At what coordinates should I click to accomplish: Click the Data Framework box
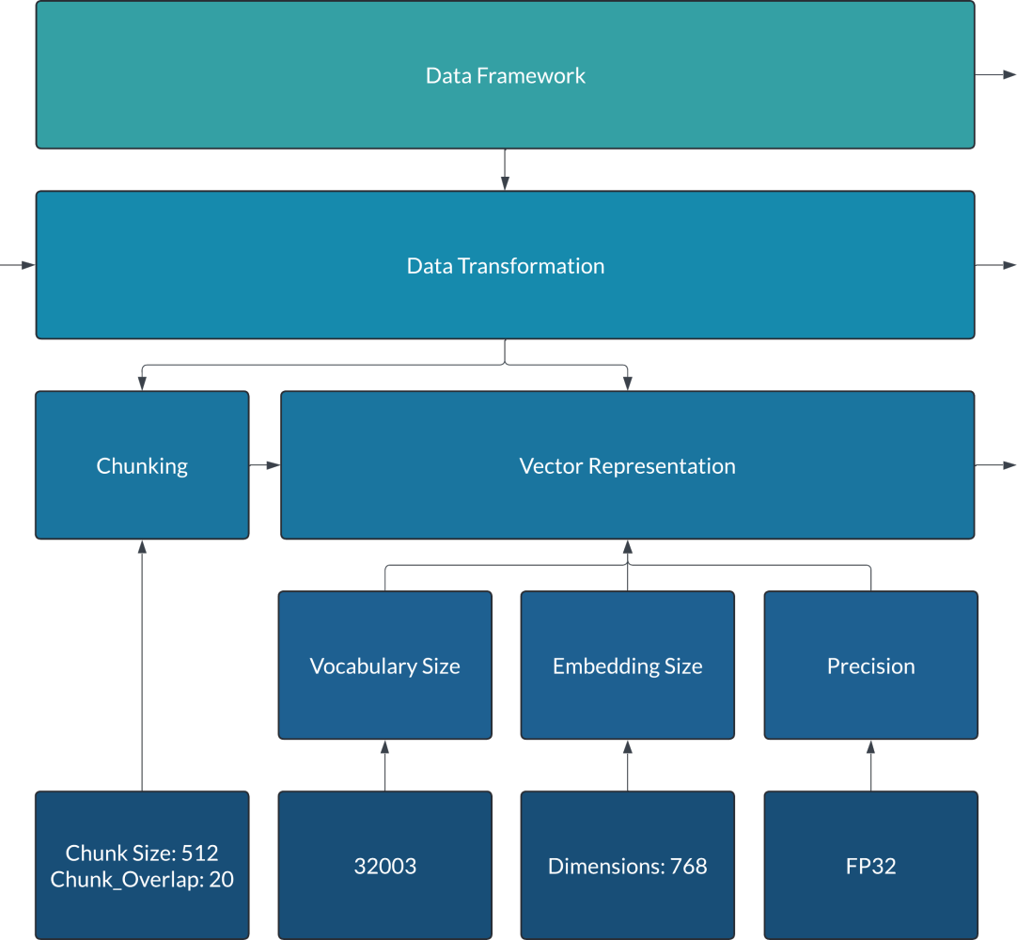point(505,75)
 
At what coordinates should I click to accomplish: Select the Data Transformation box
point(505,265)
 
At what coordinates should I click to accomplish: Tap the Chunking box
point(142,465)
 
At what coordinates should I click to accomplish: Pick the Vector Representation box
point(627,465)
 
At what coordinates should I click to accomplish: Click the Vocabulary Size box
point(384,666)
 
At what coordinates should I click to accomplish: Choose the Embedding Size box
point(627,666)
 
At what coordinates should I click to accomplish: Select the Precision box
point(870,666)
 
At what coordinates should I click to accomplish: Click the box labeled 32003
point(384,866)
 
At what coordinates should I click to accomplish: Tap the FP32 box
point(870,866)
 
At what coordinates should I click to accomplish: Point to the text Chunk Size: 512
point(142,854)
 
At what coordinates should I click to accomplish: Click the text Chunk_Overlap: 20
point(142,880)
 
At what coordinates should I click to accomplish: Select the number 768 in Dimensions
point(689,866)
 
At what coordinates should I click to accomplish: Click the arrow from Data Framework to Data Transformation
point(505,170)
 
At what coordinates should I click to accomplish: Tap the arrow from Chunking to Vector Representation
point(265,465)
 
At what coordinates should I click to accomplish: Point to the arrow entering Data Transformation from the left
point(18,265)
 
